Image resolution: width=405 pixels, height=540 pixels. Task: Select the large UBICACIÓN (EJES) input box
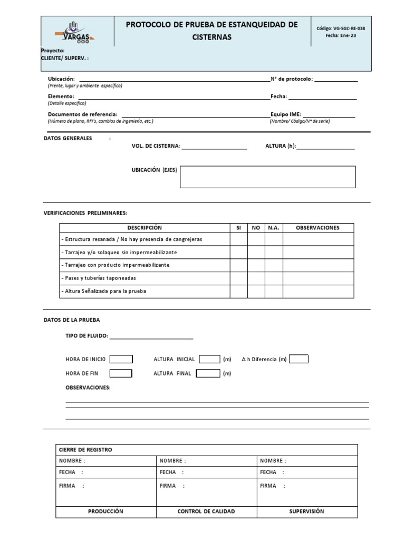click(267, 177)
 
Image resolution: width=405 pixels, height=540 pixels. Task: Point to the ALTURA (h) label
click(281, 146)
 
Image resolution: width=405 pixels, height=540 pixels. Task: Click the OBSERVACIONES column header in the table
click(317, 228)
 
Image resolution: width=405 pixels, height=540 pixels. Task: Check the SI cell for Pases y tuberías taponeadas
click(238, 278)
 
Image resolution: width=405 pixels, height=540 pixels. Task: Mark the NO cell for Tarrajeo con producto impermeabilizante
click(256, 265)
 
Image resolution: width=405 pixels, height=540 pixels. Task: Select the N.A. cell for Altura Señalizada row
click(273, 291)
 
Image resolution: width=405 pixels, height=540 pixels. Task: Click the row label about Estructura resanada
click(131, 239)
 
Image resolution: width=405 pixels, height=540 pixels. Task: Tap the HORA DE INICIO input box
click(121, 359)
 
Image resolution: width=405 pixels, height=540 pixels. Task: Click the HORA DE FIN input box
click(121, 373)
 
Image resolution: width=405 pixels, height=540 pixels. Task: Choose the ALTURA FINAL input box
click(208, 373)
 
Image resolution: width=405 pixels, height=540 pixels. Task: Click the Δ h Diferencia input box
click(298, 359)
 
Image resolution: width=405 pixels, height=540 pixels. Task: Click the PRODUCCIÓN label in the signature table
click(105, 511)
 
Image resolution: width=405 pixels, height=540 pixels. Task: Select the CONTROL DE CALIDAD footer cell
click(206, 511)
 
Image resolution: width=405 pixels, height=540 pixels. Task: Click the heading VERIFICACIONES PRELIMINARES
click(85, 213)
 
